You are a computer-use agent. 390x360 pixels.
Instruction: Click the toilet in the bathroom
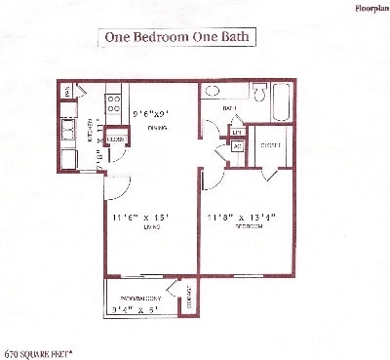click(259, 93)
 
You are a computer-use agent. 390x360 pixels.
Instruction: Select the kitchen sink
click(68, 130)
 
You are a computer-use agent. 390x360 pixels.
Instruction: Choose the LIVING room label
click(137, 227)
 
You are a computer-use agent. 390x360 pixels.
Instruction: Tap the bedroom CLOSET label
click(270, 145)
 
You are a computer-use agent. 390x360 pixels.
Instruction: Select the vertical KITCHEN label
click(90, 129)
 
